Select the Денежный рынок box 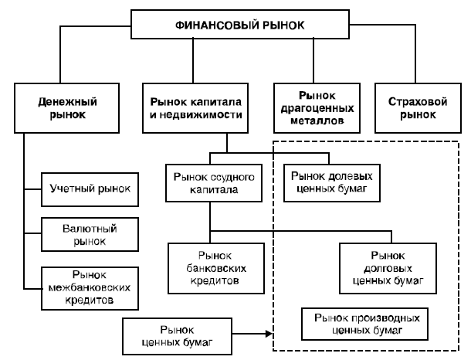[x=61, y=107]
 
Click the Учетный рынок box [x=90, y=188]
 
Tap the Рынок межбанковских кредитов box [x=90, y=287]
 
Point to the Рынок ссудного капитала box [x=210, y=182]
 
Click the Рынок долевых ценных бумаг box [x=331, y=180]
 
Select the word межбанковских [x=90, y=287]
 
